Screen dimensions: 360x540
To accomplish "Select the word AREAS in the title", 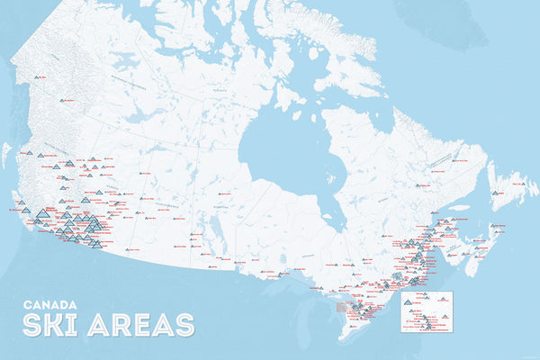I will point(143,324).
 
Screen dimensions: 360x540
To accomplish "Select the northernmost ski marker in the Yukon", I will point(38,78).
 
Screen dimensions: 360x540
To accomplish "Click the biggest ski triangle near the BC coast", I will point(41,213).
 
